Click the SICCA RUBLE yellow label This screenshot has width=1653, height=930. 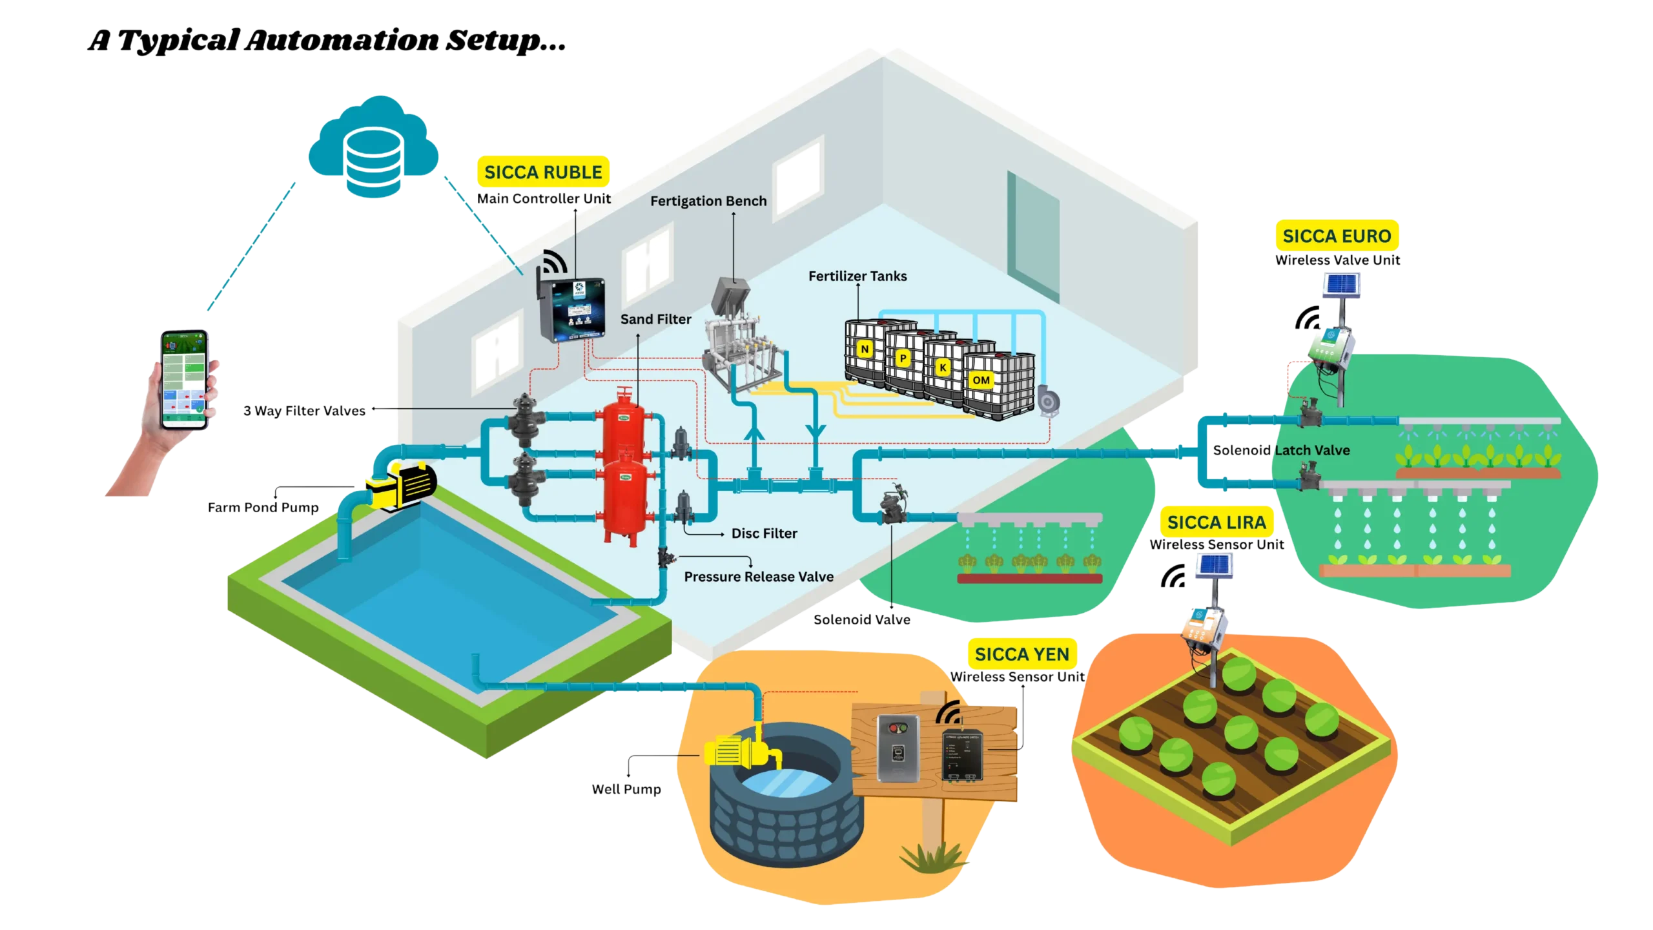[x=543, y=172]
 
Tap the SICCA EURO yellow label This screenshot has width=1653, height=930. [x=1337, y=236]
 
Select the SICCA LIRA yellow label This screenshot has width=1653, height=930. [x=1216, y=522]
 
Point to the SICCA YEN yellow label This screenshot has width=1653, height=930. [x=1022, y=654]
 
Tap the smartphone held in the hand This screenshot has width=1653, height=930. [x=185, y=380]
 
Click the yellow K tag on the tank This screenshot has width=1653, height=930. [x=943, y=367]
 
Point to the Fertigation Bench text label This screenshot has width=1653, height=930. [x=708, y=201]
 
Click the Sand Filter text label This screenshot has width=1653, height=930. [x=655, y=319]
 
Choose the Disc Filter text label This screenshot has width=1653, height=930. [x=764, y=533]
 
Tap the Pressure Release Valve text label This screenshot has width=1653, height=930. [x=759, y=577]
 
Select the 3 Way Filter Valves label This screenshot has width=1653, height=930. [x=305, y=411]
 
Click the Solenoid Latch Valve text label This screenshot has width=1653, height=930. [x=1281, y=450]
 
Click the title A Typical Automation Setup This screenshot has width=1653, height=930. [x=327, y=41]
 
